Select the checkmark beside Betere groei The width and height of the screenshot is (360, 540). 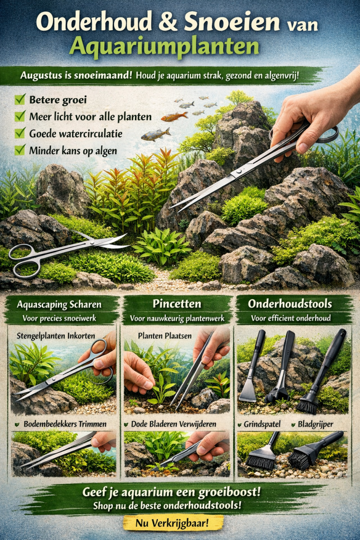coord(20,99)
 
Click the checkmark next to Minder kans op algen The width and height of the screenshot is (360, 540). coord(20,150)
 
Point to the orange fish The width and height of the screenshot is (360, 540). coord(174,117)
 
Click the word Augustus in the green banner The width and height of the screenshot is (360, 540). coord(41,76)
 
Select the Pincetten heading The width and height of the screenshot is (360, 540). coord(177,304)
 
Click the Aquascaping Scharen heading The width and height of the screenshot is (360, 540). coord(59,305)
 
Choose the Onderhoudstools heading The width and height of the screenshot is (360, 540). coord(290,304)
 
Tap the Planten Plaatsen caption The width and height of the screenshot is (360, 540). coord(165,336)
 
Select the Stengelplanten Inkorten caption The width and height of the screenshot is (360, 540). coord(56,336)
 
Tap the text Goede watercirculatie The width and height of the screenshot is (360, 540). coord(76,134)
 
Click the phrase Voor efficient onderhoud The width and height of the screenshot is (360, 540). coord(291,318)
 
